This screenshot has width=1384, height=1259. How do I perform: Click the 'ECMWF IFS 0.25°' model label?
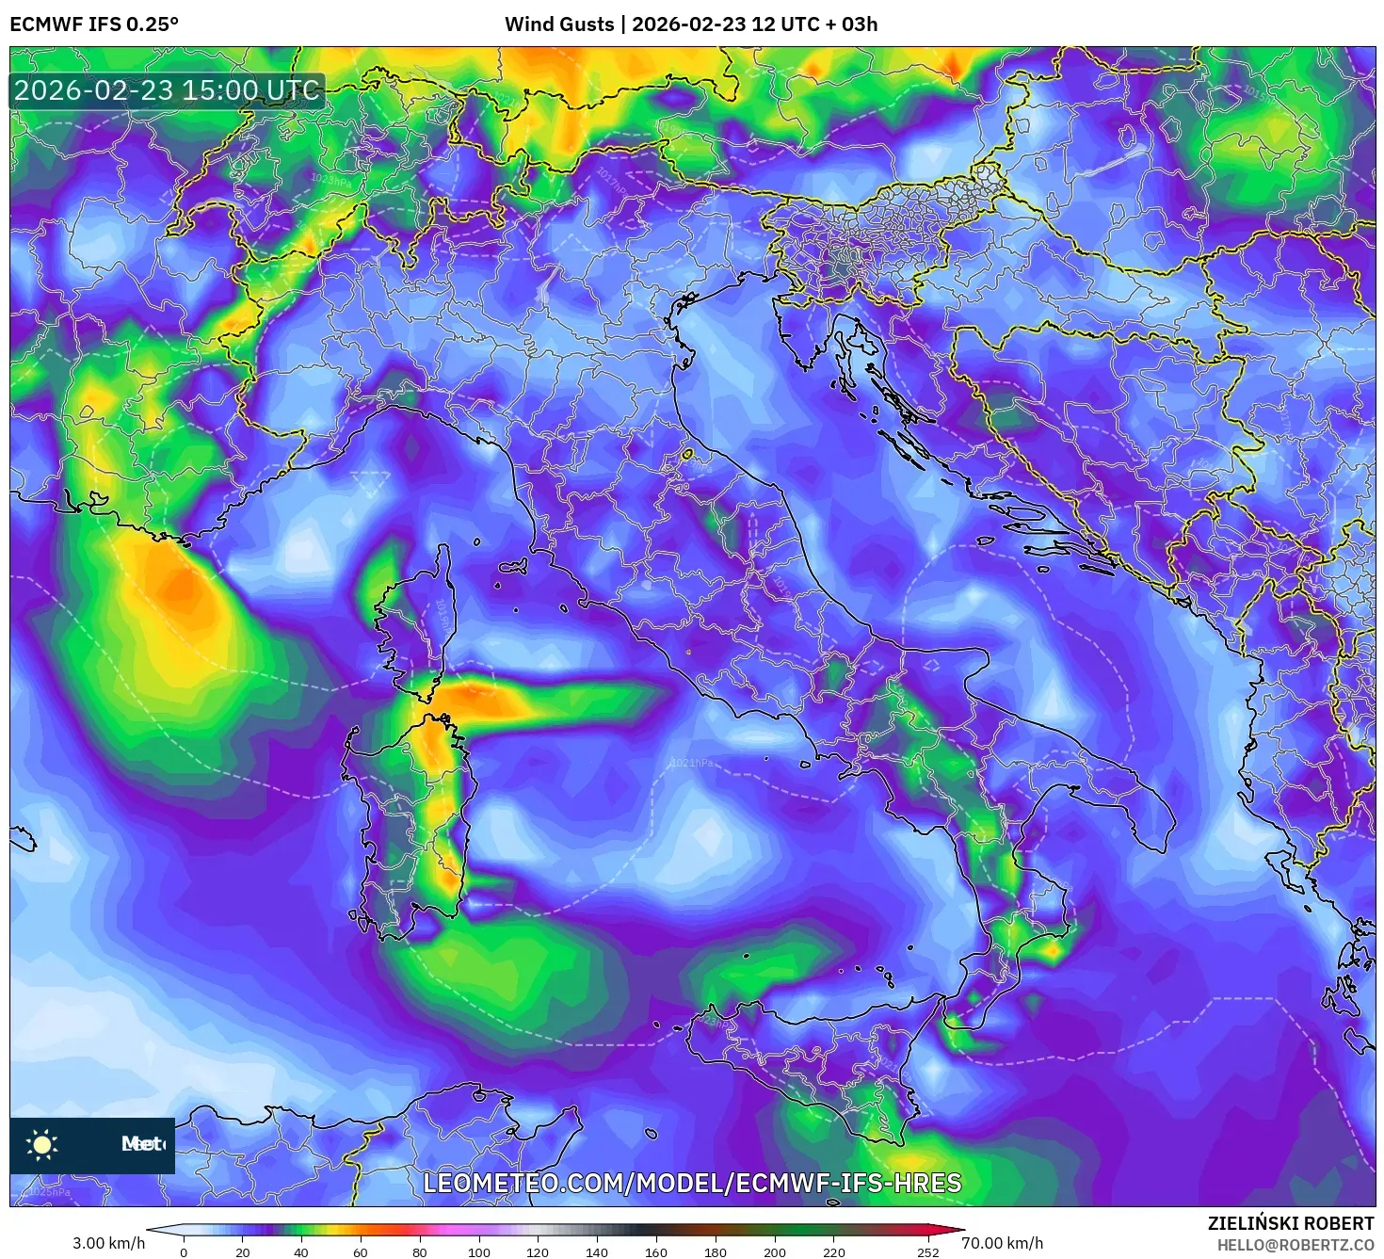pos(94,24)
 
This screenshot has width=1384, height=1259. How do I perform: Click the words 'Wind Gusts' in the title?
pos(559,24)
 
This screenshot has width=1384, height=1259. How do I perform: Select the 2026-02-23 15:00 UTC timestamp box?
pos(167,91)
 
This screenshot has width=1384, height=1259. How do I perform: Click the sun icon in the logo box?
pos(42,1144)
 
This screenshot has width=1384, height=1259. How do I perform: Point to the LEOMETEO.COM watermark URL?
pos(692,1183)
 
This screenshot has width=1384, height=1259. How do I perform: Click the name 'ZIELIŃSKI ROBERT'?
pos(1291,1223)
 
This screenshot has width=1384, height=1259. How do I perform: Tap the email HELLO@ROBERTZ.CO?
pos(1295,1245)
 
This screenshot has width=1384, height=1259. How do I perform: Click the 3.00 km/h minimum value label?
pos(109,1243)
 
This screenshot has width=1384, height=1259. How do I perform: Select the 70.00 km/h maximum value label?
pos(1002,1243)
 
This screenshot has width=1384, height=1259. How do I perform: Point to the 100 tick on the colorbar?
pos(478,1252)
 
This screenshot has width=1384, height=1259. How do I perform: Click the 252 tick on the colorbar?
pos(928,1252)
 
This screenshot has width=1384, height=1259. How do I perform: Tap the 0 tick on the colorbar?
pos(184,1252)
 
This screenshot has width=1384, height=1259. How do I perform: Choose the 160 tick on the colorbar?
pos(656,1252)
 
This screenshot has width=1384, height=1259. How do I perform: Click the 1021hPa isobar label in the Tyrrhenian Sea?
pos(692,763)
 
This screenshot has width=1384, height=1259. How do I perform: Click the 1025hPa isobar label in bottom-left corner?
pos(49,1192)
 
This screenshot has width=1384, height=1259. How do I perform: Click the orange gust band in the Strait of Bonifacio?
pos(471,699)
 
